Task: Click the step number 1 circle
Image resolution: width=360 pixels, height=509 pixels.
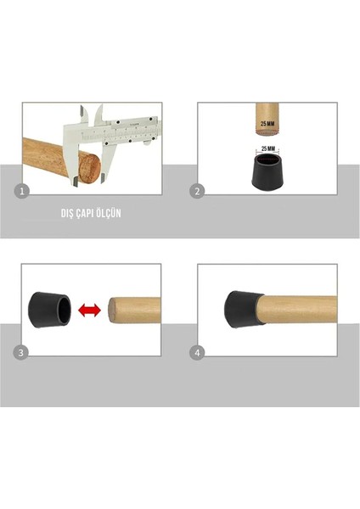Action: click(25, 192)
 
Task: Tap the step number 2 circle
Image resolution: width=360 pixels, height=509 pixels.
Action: click(196, 192)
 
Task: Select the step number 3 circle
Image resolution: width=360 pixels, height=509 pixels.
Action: click(25, 351)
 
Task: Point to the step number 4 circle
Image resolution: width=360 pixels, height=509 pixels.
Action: click(196, 351)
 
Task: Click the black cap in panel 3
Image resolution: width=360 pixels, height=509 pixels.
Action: click(52, 308)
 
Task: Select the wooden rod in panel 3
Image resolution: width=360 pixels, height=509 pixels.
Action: click(136, 310)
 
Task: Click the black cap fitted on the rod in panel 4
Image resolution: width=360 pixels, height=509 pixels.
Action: click(241, 308)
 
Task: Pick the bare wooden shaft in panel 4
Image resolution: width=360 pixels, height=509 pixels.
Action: click(297, 310)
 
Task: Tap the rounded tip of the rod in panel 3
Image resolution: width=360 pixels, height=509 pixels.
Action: click(110, 310)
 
